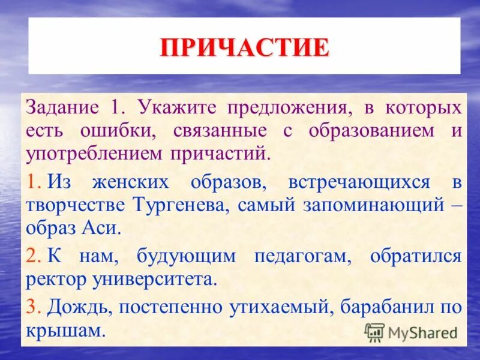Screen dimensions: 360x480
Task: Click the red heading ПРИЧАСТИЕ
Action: point(245,47)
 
